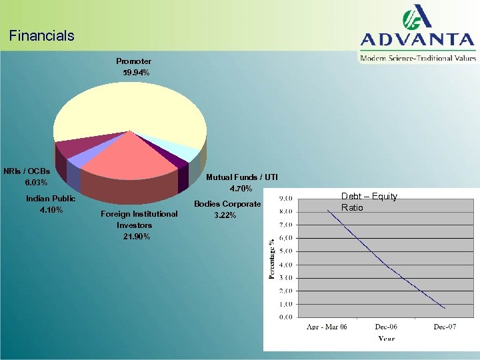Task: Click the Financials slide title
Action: (x=42, y=36)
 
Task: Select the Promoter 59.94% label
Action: (x=133, y=67)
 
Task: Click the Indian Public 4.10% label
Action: (x=51, y=204)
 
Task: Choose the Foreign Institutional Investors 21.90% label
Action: (x=139, y=225)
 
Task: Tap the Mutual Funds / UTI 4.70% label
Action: (x=241, y=183)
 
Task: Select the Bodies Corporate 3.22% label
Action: (x=227, y=209)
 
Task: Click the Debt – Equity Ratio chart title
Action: (x=369, y=202)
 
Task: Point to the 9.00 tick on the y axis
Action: (x=285, y=198)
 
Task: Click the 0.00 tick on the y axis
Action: (x=285, y=317)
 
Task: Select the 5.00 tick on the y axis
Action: (x=285, y=251)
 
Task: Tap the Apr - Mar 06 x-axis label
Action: (x=327, y=327)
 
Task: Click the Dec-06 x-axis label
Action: (x=387, y=327)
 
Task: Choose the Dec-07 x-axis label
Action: (x=445, y=327)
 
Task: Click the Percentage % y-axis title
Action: (x=271, y=259)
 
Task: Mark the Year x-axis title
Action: (x=387, y=339)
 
